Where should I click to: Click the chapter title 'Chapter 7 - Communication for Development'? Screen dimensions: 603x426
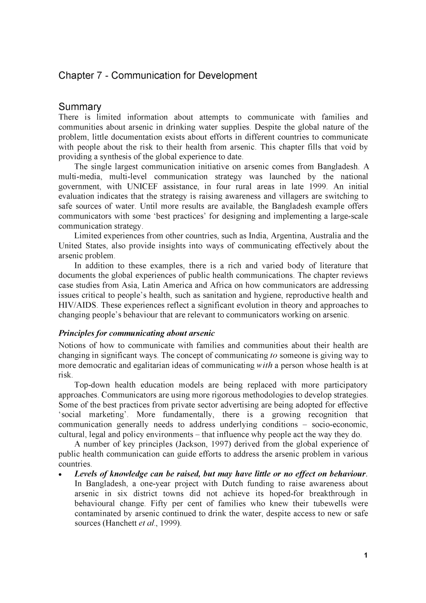tap(158, 76)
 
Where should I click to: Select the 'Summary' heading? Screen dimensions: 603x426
tap(80, 107)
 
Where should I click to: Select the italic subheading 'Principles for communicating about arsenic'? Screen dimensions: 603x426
tap(137, 333)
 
